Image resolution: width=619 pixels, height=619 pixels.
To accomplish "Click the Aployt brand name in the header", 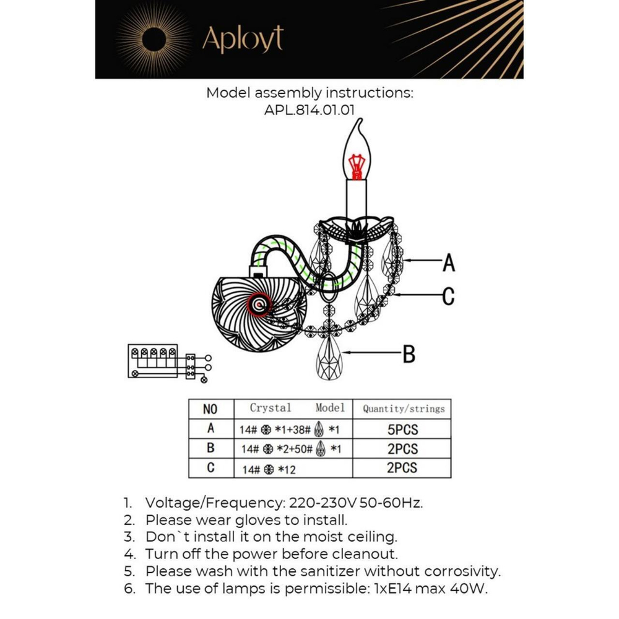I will pyautogui.click(x=243, y=40).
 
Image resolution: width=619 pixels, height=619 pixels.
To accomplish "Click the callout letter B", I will pyautogui.click(x=409, y=354).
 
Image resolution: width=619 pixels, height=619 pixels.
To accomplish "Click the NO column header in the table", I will pyautogui.click(x=210, y=409).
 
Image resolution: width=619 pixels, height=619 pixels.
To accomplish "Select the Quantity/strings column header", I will pyautogui.click(x=403, y=409).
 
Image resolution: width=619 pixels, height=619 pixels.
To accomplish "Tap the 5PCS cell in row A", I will pyautogui.click(x=402, y=429).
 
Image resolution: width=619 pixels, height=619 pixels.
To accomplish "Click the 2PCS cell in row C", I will pyautogui.click(x=402, y=468).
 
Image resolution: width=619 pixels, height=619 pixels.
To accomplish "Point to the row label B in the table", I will pyautogui.click(x=210, y=449).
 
